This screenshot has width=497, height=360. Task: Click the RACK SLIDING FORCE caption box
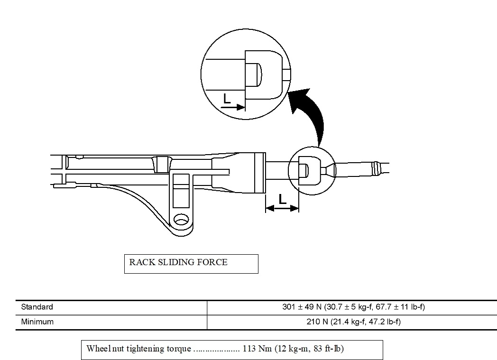click(191, 264)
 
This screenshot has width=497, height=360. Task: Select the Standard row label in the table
click(37, 307)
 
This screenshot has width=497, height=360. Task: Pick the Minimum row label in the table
click(37, 322)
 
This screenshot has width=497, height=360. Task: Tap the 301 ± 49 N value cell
click(353, 307)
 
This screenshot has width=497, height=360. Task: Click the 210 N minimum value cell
click(353, 322)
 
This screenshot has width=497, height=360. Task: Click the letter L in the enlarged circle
click(227, 99)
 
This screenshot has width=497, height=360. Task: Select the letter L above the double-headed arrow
click(283, 199)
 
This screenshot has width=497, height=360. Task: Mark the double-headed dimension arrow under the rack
click(282, 208)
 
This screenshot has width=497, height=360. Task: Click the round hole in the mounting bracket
click(180, 220)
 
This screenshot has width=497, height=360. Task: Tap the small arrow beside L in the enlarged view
click(233, 108)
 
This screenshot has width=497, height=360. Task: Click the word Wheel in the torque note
click(97, 349)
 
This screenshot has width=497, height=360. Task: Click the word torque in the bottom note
click(179, 349)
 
